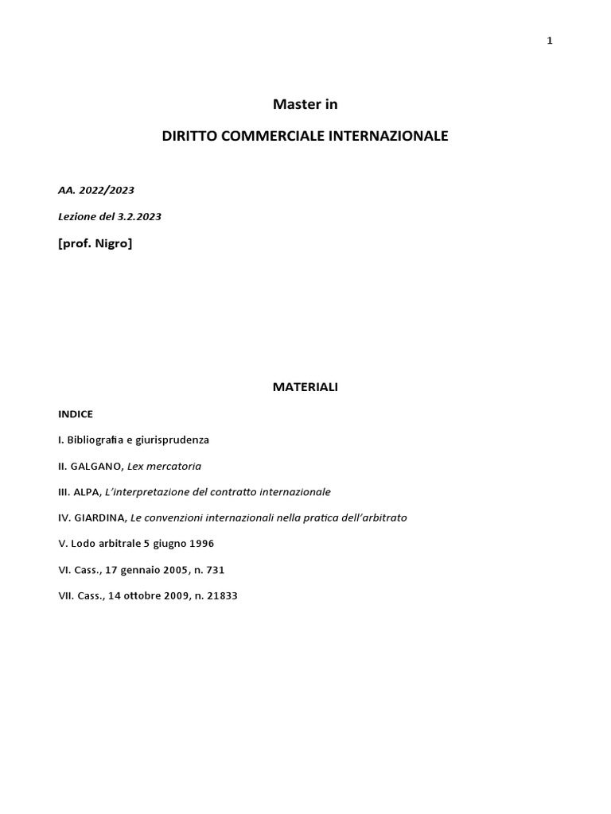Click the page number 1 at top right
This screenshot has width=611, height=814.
pos(549,41)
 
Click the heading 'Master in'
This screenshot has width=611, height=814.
pos(305,104)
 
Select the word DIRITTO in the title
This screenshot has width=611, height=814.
pos(189,136)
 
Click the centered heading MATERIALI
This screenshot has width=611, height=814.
pos(305,387)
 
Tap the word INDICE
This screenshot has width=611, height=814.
pos(76,414)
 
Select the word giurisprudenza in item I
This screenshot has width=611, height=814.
pos(173,440)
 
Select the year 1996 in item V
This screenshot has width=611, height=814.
pos(200,544)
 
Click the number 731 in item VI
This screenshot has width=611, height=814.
pos(222,570)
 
